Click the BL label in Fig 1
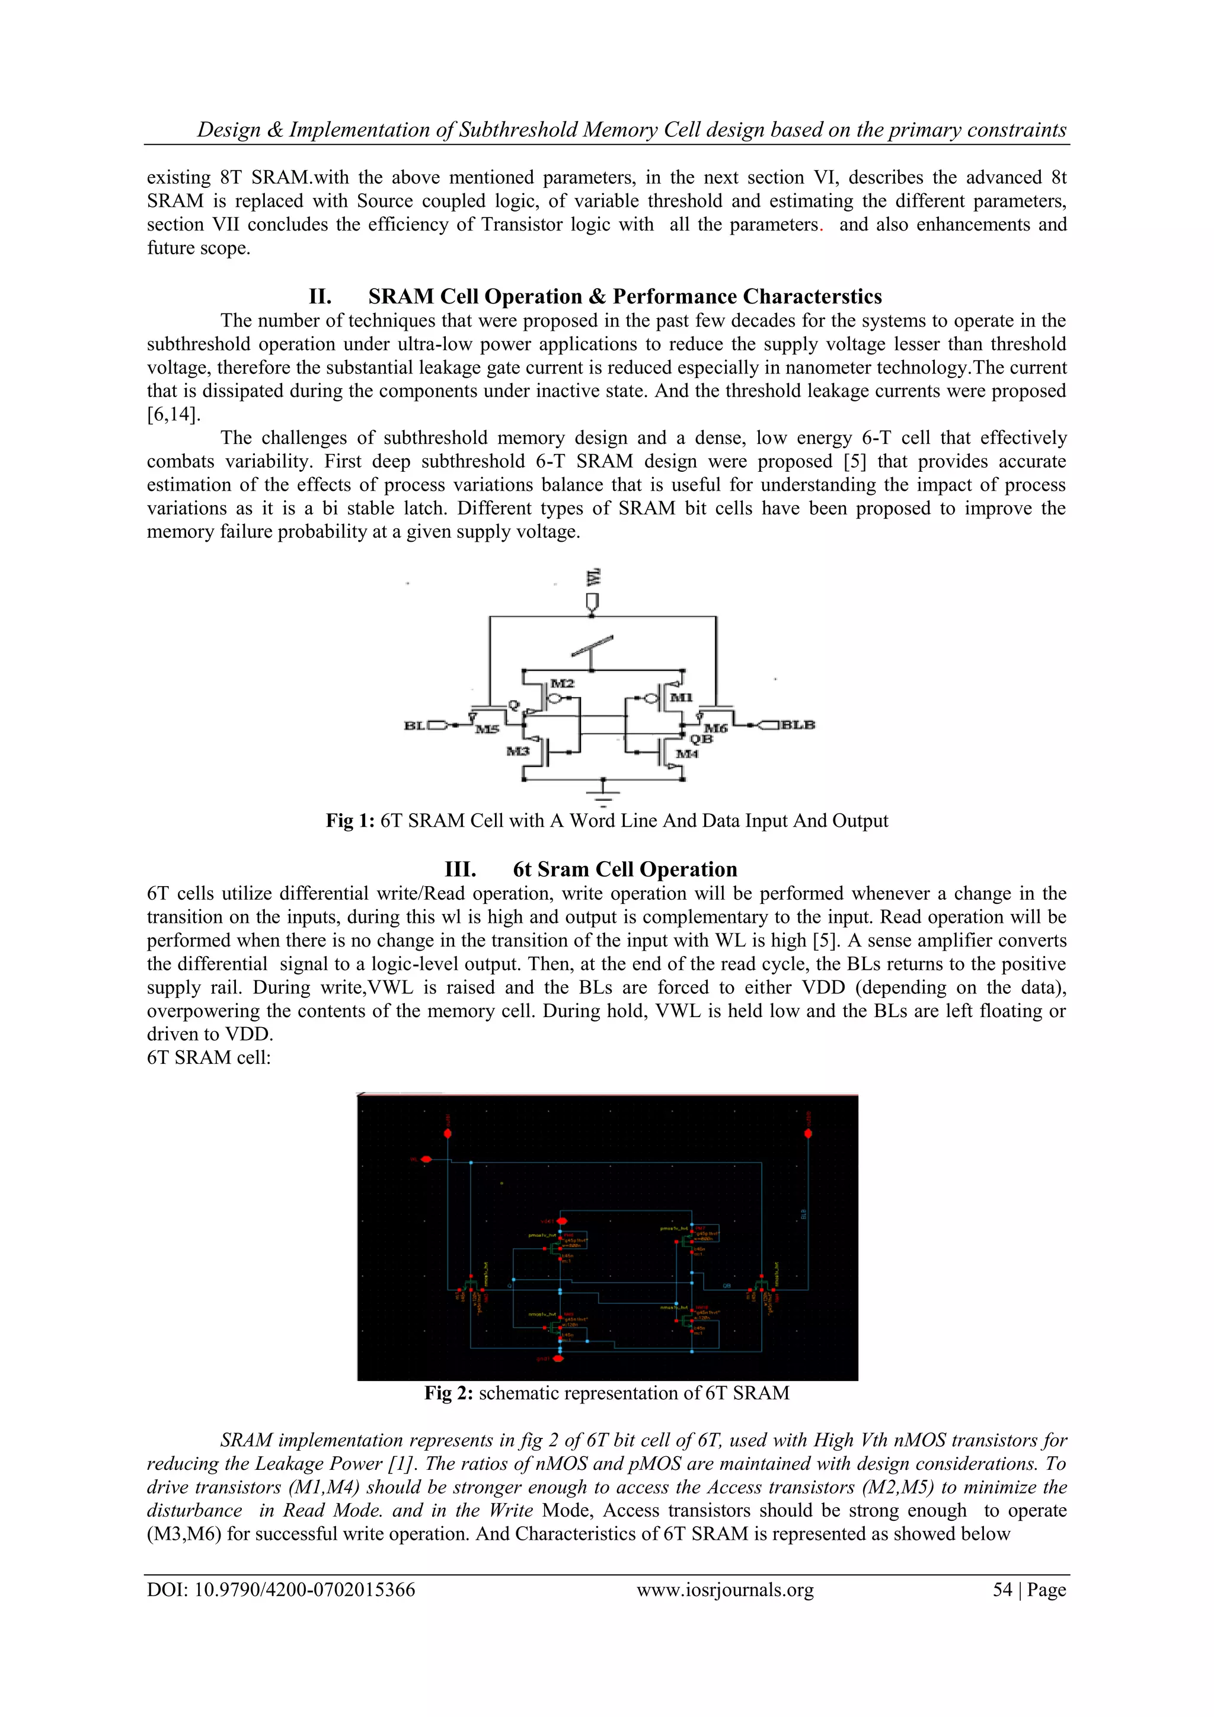pyautogui.click(x=414, y=725)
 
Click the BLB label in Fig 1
pyautogui.click(x=798, y=725)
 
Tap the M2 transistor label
pyautogui.click(x=562, y=683)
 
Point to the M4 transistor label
pyautogui.click(x=686, y=754)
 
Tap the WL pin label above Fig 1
pyautogui.click(x=593, y=577)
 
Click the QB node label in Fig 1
pyautogui.click(x=701, y=740)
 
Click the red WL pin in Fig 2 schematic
pyautogui.click(x=426, y=1159)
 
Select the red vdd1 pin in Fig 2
pyautogui.click(x=562, y=1221)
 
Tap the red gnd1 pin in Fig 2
pyautogui.click(x=557, y=1358)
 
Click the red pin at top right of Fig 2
pyautogui.click(x=808, y=1134)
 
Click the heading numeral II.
pyautogui.click(x=320, y=297)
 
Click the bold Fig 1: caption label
pyautogui.click(x=350, y=821)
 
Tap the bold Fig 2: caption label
pyautogui.click(x=449, y=1393)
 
